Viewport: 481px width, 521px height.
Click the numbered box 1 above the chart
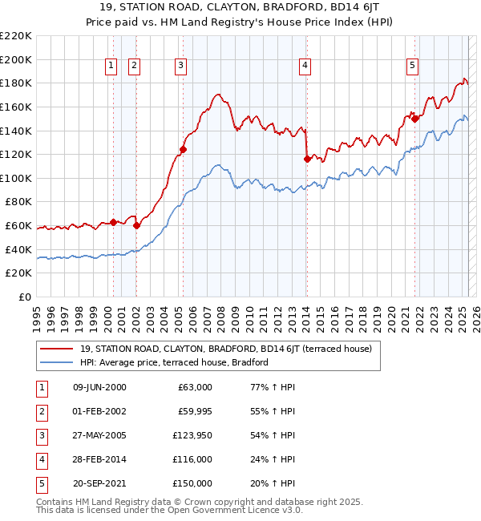[x=110, y=67]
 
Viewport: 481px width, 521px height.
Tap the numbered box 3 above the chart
[x=181, y=67]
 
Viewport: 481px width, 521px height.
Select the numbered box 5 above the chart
[x=412, y=67]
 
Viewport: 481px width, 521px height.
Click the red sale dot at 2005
[x=184, y=149]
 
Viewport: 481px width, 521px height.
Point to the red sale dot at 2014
[x=307, y=159]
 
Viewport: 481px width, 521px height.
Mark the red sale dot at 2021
[x=415, y=119]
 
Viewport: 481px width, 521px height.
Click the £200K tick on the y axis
[x=17, y=59]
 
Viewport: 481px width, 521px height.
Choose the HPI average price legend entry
[x=174, y=362]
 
